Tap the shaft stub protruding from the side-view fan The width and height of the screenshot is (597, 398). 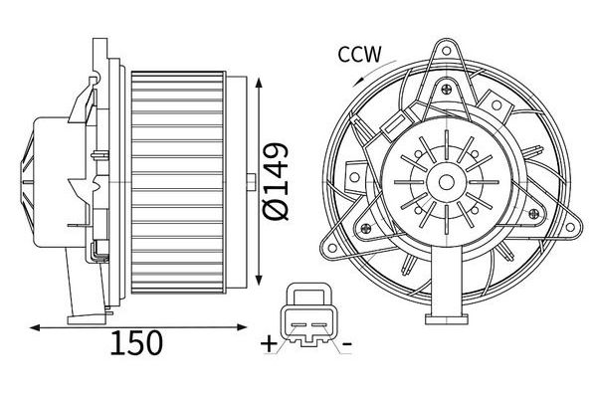[250, 182]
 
